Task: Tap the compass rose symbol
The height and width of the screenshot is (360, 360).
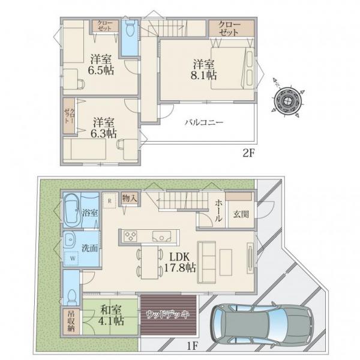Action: click(x=287, y=100)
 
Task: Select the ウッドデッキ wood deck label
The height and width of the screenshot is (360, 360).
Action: click(x=168, y=314)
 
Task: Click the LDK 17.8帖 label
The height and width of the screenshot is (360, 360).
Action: click(x=180, y=262)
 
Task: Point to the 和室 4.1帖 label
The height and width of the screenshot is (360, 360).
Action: click(x=111, y=315)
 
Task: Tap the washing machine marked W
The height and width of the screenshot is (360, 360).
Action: click(x=73, y=258)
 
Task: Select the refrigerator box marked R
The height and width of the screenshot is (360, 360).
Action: click(x=110, y=200)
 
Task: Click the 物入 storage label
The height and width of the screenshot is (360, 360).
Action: click(x=130, y=198)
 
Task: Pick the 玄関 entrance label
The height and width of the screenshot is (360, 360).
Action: click(x=241, y=214)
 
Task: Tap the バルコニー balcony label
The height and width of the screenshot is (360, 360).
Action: click(x=204, y=122)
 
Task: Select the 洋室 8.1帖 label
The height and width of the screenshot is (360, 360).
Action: click(x=204, y=70)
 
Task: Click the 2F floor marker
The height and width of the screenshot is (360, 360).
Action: click(x=249, y=153)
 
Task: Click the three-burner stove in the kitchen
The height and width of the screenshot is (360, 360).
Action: click(x=131, y=236)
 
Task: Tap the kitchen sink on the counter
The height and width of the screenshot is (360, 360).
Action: click(x=162, y=236)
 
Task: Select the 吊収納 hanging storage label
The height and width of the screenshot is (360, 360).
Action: click(x=71, y=321)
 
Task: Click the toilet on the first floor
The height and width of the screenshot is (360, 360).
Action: click(x=72, y=296)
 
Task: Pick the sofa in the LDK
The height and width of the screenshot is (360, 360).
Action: click(x=206, y=262)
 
